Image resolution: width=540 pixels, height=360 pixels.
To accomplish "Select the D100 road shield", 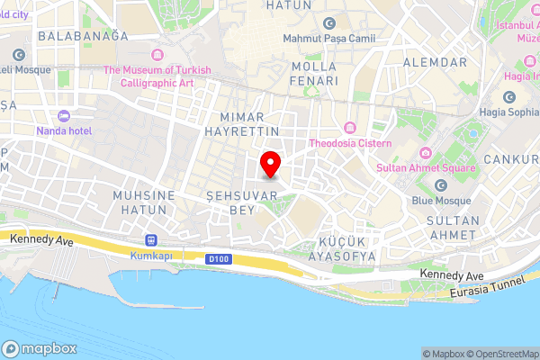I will point(214,259).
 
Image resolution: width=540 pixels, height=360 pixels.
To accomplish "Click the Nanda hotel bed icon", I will point(63,116).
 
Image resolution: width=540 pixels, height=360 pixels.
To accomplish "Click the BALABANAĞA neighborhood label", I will point(84,36).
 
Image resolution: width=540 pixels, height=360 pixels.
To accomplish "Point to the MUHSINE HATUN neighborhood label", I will point(139,202).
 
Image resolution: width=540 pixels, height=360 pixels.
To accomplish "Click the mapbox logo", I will point(40,348).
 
